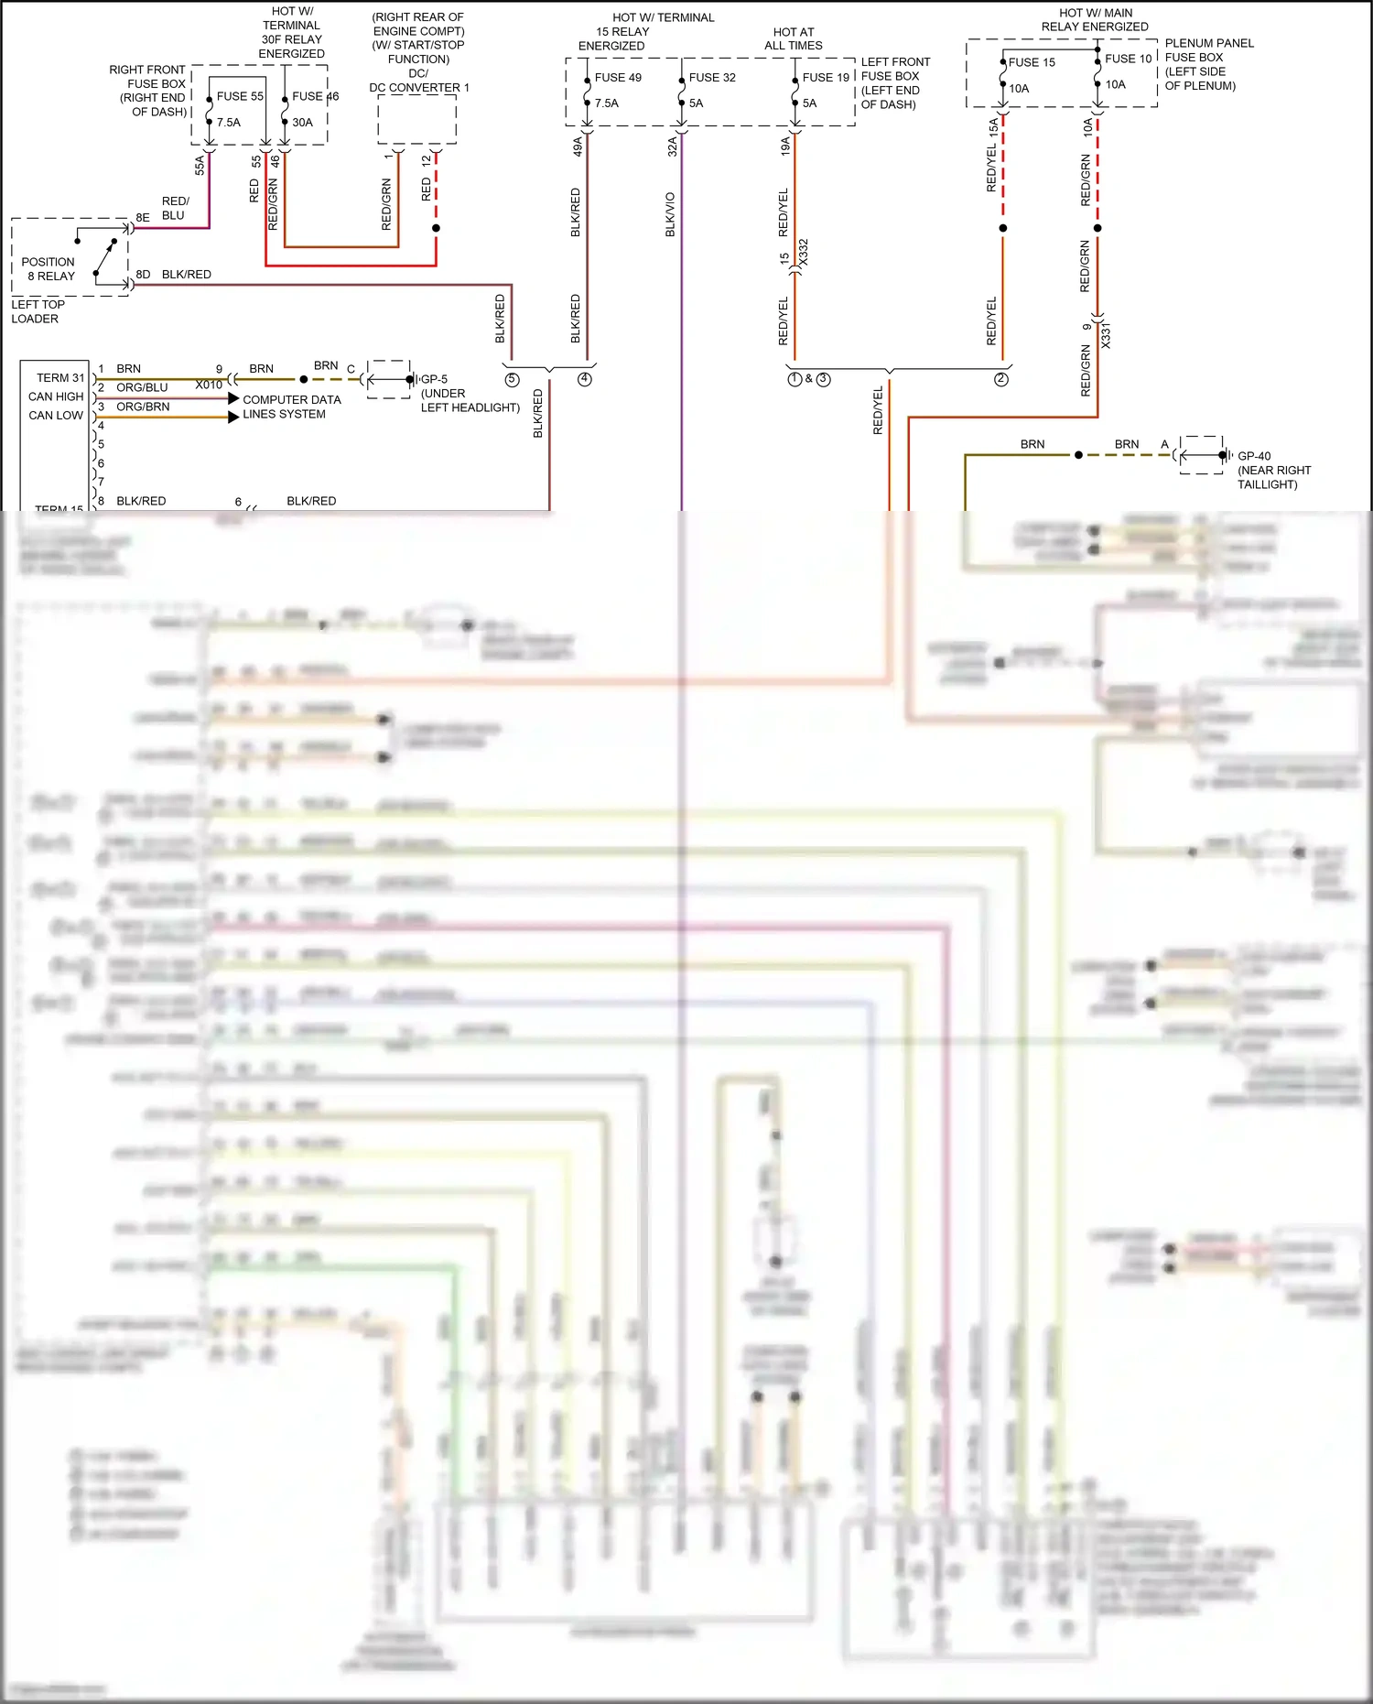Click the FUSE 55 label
point(240,96)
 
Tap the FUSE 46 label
point(315,96)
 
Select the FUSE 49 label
point(618,78)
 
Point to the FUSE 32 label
point(712,78)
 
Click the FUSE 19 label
point(826,78)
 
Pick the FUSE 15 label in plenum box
point(1032,62)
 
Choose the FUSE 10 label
point(1128,59)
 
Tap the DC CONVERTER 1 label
point(419,88)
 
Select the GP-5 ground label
point(435,379)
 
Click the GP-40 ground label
point(1254,456)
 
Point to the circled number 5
point(512,380)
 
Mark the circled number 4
point(585,379)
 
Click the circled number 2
point(1000,379)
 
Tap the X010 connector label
point(209,385)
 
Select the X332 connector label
point(804,253)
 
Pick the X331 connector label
point(1106,335)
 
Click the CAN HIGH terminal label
point(56,396)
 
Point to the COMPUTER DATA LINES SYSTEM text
point(291,407)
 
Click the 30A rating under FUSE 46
point(302,123)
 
